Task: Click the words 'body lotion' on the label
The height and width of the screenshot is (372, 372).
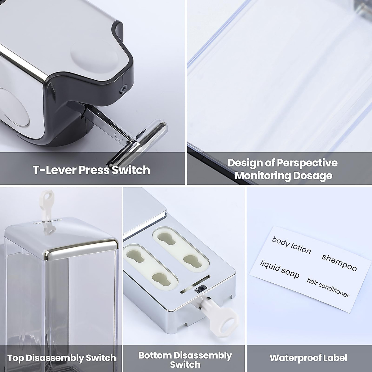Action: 291,245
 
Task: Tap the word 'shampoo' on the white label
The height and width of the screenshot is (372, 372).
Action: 339,262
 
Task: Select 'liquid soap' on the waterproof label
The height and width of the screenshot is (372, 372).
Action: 280,269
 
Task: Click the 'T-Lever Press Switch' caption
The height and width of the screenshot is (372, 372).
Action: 91,170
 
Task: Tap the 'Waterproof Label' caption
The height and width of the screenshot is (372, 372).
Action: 308,358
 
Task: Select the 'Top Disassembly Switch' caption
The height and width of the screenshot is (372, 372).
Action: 61,358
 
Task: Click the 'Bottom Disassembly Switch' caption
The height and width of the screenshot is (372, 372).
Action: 185,360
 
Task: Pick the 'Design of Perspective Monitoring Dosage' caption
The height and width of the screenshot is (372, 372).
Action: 283,169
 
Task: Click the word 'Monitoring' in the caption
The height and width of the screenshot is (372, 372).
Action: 262,175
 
